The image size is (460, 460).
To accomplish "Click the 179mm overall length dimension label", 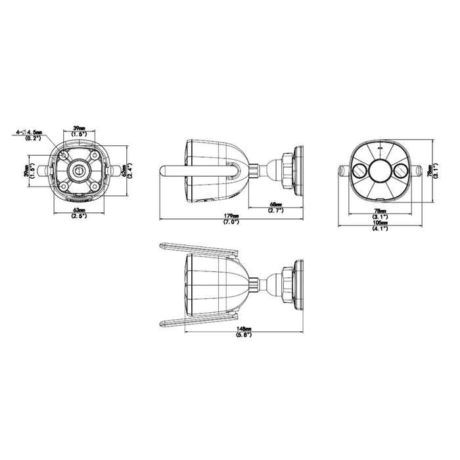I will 231,218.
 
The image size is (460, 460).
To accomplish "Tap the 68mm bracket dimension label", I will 276,206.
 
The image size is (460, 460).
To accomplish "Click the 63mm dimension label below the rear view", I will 79,212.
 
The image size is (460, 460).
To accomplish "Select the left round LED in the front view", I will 360,170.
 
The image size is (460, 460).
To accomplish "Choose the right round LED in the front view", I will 399,170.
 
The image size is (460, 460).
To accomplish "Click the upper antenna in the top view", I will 197,252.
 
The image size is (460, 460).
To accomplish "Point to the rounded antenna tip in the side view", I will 164,171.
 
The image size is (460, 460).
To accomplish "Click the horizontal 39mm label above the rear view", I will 80,129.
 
